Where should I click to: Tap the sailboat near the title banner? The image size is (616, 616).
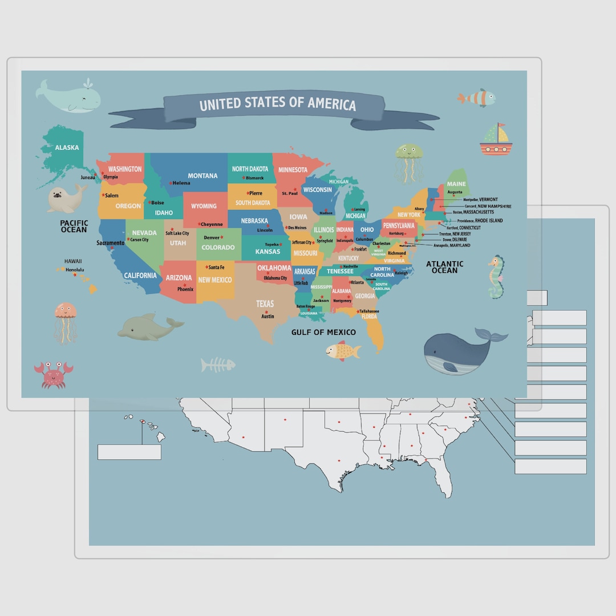click(x=495, y=140)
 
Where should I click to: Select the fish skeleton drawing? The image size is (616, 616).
click(x=218, y=364)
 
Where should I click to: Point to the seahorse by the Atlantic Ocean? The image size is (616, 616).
click(x=496, y=278)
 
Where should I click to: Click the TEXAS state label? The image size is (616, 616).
click(x=265, y=303)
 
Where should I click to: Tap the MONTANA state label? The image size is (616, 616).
click(x=202, y=176)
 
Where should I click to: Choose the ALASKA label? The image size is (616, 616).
click(x=67, y=148)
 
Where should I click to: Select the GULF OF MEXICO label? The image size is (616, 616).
click(x=323, y=332)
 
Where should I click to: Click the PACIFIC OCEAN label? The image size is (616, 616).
click(x=74, y=226)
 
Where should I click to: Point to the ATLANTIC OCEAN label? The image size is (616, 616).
click(x=445, y=267)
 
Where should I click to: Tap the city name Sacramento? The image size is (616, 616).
click(x=110, y=243)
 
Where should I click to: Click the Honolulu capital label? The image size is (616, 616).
click(x=75, y=269)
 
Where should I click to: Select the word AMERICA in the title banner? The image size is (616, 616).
click(x=332, y=104)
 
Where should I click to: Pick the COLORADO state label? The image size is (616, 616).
click(x=218, y=248)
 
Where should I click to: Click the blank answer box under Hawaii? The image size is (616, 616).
click(x=129, y=452)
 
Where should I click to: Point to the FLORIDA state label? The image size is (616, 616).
click(x=369, y=316)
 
